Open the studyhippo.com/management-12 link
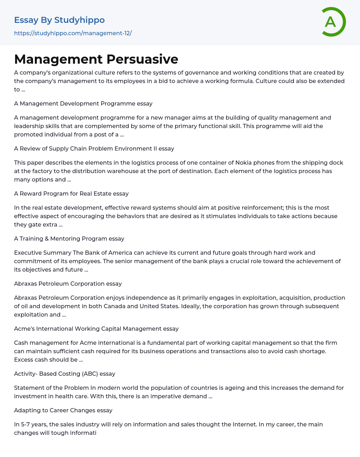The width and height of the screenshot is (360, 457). pyautogui.click(x=73, y=33)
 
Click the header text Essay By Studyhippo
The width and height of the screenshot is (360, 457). pyautogui.click(x=59, y=20)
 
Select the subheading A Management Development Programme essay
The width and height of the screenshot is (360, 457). pyautogui.click(x=83, y=103)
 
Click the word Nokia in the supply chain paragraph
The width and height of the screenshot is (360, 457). pyautogui.click(x=243, y=163)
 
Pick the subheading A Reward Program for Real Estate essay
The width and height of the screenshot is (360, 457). pyautogui.click(x=71, y=193)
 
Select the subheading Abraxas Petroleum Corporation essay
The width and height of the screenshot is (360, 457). pyautogui.click(x=68, y=284)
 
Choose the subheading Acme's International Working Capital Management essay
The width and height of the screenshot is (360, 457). pyautogui.click(x=96, y=329)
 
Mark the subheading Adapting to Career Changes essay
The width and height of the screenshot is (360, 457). pyautogui.click(x=63, y=410)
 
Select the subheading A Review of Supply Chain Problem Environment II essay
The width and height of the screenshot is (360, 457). pyautogui.click(x=94, y=148)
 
